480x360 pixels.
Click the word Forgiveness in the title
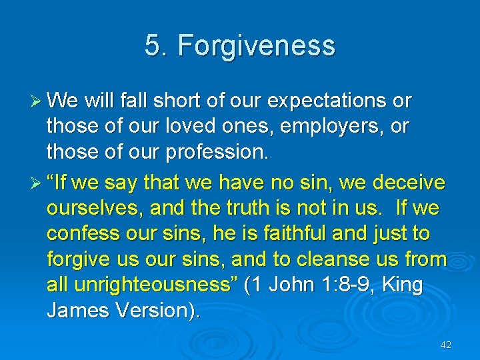coord(257,46)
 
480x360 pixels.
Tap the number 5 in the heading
coord(153,46)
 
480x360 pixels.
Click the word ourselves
coord(93,209)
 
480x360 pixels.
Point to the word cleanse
coord(332,259)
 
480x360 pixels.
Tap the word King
coord(403,285)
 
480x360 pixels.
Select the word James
coord(75,310)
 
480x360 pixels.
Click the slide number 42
coord(446,345)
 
